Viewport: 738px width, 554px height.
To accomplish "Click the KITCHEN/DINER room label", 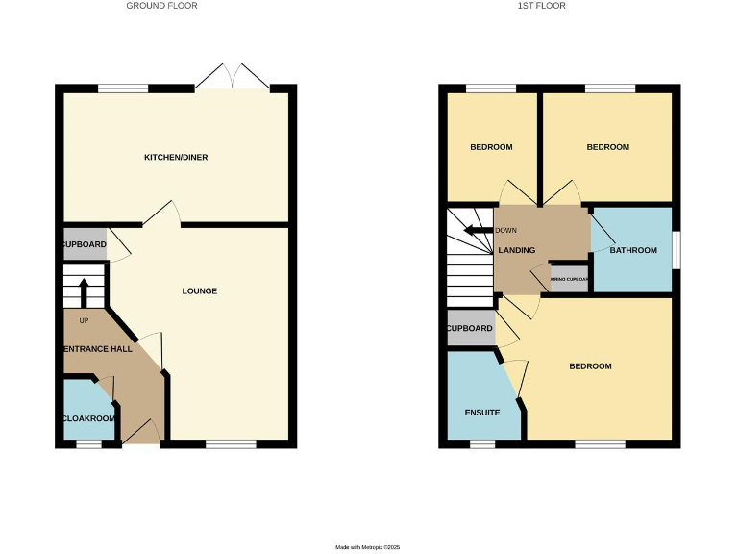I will point(176,157).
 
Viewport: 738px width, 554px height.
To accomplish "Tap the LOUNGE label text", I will point(200,290).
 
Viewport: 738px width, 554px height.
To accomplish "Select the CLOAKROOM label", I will point(88,418).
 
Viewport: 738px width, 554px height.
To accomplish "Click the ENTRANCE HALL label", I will point(97,348).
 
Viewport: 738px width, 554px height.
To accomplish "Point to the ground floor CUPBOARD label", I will point(85,244).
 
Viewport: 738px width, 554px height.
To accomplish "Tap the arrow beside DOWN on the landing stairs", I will point(475,230).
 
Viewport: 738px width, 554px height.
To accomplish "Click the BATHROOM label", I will point(633,250).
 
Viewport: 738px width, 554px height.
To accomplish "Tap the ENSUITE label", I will point(481,412).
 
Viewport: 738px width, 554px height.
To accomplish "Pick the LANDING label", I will point(517,250).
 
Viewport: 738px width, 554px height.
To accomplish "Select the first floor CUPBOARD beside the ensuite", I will point(470,329).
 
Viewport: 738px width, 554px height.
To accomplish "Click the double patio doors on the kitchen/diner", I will point(234,78).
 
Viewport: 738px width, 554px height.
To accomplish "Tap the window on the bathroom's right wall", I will point(676,249).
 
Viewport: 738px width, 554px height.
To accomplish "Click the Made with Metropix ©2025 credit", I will point(367,546).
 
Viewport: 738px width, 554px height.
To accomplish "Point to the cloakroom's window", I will point(88,444).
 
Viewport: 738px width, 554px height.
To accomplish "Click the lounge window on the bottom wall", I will point(231,444).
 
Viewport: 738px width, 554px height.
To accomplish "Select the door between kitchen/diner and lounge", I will point(161,215).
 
